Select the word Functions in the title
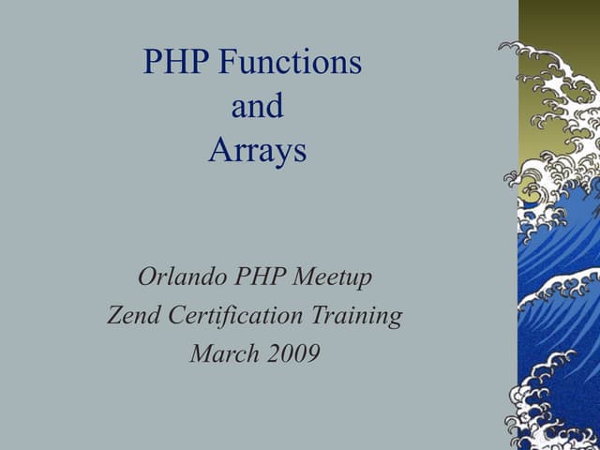(x=290, y=63)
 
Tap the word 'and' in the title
(x=257, y=107)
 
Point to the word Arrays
(x=257, y=151)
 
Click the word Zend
(x=133, y=316)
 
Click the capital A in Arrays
(x=217, y=151)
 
